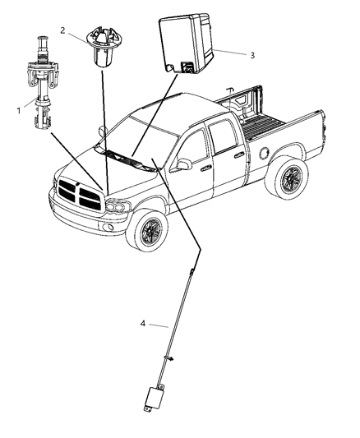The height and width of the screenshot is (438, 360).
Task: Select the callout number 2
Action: pos(63,30)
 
